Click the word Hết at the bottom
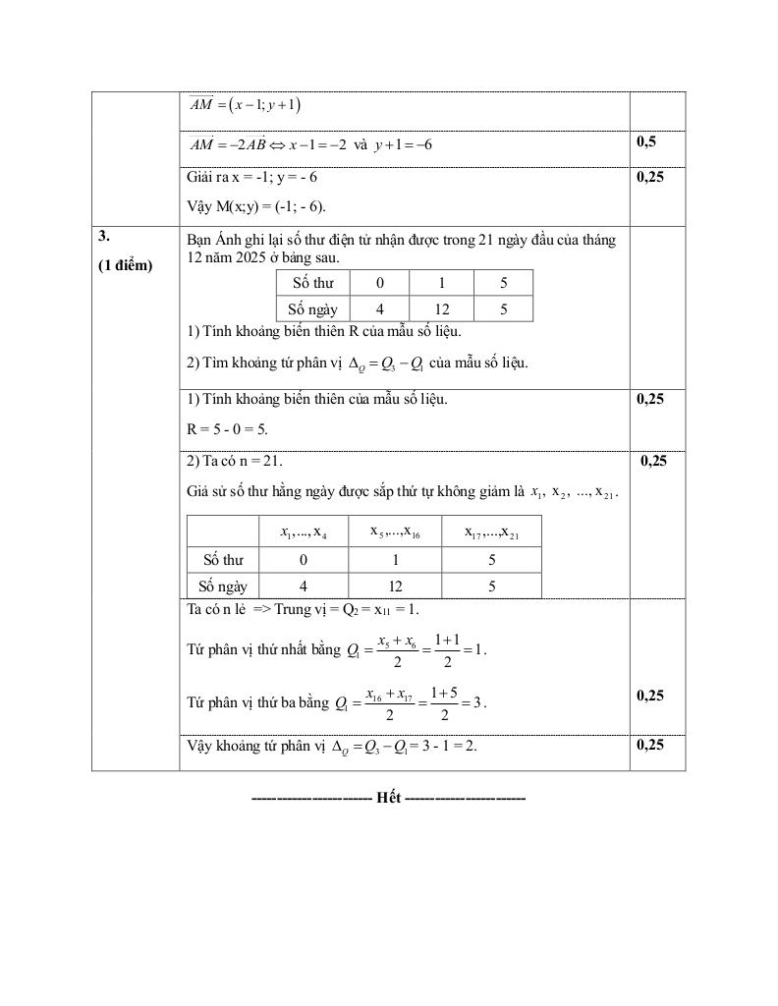coord(388,798)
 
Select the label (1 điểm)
coord(126,265)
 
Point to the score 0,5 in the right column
coord(646,141)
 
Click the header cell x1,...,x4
coord(304,531)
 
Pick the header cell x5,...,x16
coord(394,531)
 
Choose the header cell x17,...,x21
coord(491,531)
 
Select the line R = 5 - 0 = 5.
coord(227,429)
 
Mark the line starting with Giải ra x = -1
coord(251,178)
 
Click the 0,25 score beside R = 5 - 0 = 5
coord(650,399)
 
